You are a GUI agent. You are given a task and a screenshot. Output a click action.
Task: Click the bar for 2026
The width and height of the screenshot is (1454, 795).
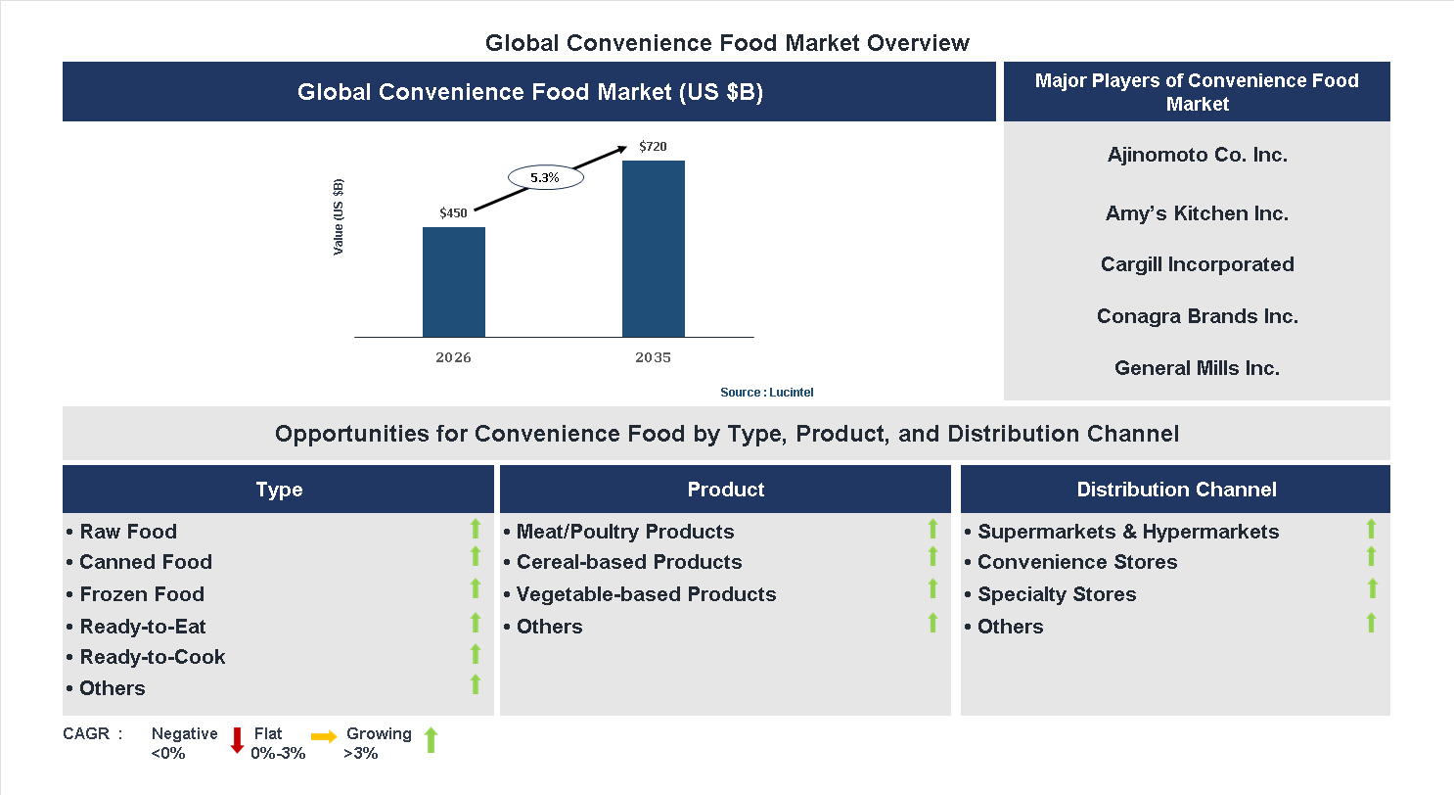click(453, 282)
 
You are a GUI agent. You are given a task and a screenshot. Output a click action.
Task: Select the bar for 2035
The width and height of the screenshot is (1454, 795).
click(653, 249)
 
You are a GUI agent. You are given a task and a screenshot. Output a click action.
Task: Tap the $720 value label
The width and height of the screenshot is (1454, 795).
click(653, 147)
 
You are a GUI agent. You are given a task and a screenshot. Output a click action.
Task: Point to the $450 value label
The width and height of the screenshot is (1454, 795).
click(453, 212)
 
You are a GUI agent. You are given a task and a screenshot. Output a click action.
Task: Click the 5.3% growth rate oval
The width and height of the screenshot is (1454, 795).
click(545, 178)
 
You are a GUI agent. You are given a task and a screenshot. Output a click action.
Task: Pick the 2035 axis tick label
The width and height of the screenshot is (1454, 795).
click(653, 357)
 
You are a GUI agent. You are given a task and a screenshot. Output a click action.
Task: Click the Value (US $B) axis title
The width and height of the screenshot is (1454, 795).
click(339, 216)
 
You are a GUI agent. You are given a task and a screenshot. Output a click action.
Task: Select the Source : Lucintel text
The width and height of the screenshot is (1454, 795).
click(766, 392)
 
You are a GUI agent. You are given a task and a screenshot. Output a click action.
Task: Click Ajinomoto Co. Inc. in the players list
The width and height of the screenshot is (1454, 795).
click(1197, 155)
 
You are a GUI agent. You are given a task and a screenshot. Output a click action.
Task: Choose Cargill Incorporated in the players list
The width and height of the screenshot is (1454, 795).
click(1197, 264)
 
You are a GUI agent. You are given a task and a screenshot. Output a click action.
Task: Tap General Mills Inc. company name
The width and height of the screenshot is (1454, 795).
click(1197, 368)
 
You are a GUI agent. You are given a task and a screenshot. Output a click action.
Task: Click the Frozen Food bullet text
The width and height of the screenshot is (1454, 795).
click(142, 594)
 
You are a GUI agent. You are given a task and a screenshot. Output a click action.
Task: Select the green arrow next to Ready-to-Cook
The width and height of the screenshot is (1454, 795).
click(476, 654)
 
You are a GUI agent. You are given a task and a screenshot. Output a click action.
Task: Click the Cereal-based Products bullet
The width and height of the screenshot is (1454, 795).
click(629, 562)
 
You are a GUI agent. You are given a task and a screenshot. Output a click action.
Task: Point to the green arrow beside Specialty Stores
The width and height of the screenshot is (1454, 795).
click(1372, 588)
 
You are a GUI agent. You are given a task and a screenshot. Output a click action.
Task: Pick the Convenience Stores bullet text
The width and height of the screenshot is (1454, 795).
click(1077, 562)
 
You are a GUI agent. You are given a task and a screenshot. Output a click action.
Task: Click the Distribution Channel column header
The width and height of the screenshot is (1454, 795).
click(1176, 490)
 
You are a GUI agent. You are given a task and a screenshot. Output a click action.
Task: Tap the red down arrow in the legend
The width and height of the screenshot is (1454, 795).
click(237, 740)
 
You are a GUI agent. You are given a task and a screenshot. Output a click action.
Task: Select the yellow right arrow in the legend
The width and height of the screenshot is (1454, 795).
click(324, 736)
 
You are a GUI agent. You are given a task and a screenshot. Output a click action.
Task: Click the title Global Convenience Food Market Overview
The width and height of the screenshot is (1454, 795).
click(727, 43)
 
